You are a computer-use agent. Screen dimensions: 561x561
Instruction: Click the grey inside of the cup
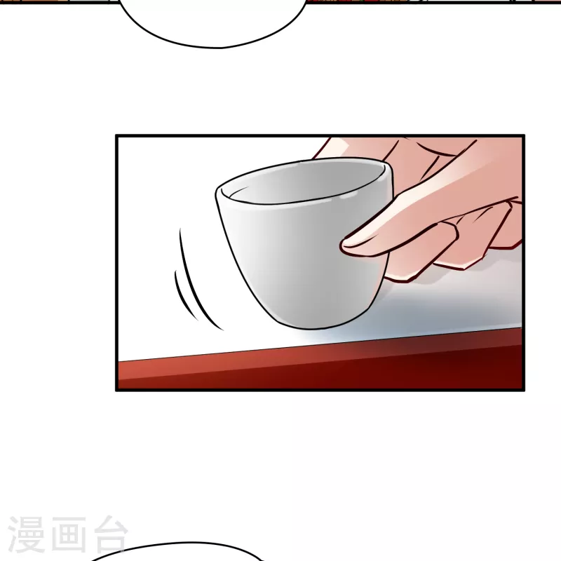click(x=304, y=182)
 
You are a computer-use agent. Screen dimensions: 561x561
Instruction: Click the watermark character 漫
click(x=25, y=534)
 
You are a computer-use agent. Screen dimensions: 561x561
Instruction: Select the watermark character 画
click(x=68, y=534)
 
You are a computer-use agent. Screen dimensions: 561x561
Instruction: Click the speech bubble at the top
click(x=213, y=22)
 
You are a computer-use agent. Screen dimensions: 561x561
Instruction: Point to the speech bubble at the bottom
click(x=177, y=552)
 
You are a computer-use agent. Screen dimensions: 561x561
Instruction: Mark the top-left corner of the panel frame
click(x=116, y=135)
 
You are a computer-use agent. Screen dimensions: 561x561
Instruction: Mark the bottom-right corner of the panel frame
click(x=524, y=390)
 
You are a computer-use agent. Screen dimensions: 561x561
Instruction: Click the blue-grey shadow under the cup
click(x=429, y=308)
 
